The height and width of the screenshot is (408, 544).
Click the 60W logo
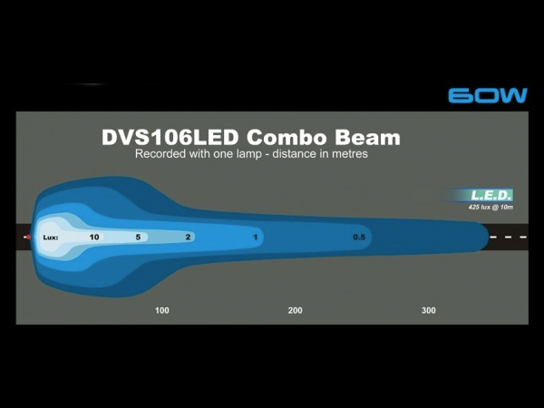[x=488, y=95]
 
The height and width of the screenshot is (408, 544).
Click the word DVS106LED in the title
[x=170, y=137]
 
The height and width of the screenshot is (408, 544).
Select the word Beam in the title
[x=368, y=137]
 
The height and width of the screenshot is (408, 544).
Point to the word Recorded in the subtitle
[x=160, y=153]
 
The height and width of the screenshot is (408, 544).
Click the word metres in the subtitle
[x=350, y=154]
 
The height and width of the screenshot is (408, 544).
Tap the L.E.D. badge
[x=491, y=195]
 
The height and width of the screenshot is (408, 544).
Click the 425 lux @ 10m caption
[x=491, y=207]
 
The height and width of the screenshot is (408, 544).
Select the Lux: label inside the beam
[x=51, y=238]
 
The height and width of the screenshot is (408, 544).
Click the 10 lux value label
[x=94, y=237]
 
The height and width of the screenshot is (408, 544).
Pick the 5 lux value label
[x=138, y=237]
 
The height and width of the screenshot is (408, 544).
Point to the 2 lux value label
[x=188, y=237]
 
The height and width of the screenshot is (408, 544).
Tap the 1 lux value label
[x=256, y=238]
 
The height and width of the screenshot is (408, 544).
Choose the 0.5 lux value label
[x=359, y=237]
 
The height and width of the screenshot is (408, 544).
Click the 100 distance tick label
[x=162, y=310]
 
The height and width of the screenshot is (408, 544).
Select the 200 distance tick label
[x=295, y=310]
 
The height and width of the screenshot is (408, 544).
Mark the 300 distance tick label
[x=429, y=310]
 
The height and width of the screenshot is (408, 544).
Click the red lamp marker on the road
[x=27, y=238]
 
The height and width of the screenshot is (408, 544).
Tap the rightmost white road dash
[x=523, y=238]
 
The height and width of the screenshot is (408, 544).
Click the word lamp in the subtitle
[x=248, y=154]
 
